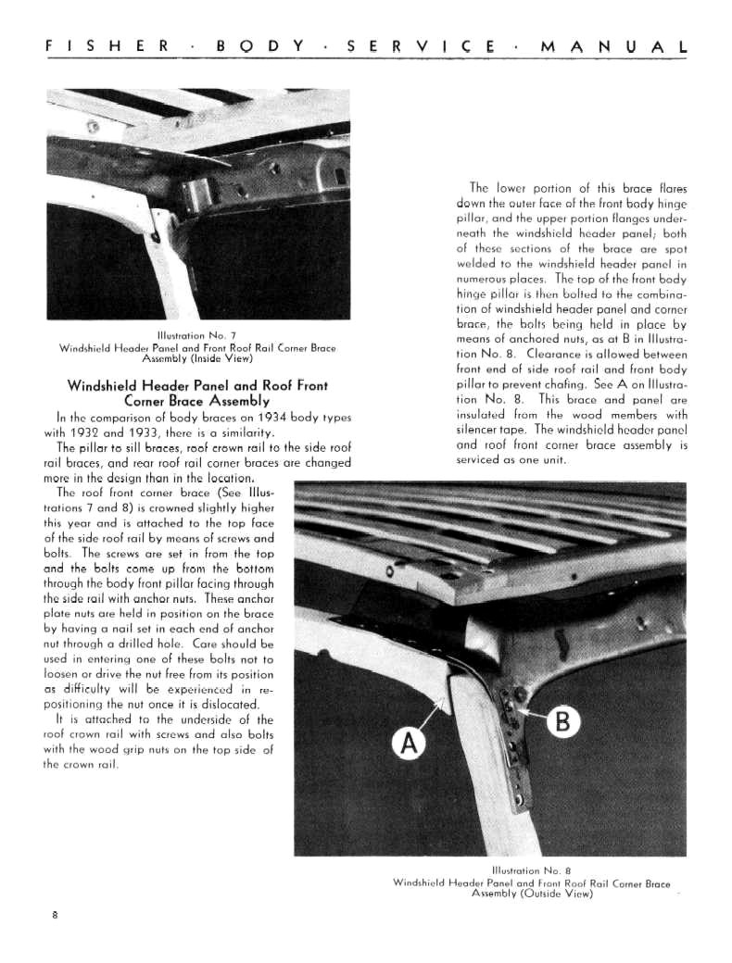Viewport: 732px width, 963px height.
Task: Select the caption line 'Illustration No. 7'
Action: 198,336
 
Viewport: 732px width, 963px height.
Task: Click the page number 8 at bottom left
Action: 56,916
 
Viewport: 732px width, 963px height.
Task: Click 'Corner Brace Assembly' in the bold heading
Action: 197,401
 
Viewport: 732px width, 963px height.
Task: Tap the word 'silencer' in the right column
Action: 481,430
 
